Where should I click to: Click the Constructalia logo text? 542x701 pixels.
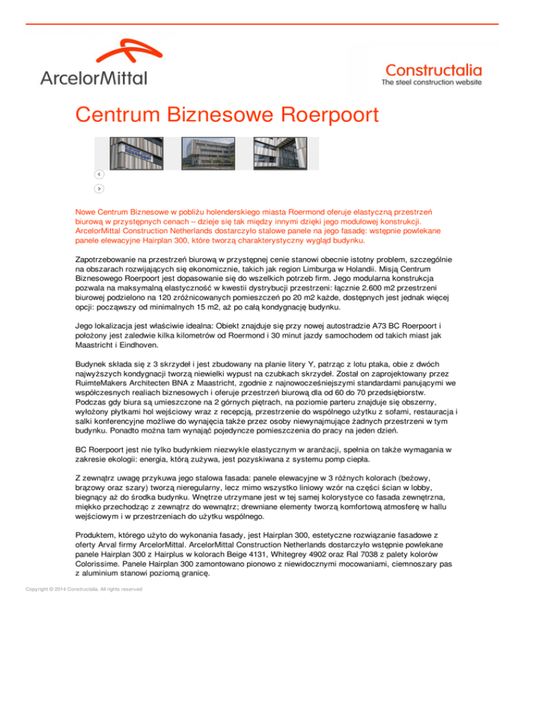pos(433,70)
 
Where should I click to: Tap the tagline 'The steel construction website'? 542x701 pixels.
pos(431,83)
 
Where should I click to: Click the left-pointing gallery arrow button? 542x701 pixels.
pos(100,174)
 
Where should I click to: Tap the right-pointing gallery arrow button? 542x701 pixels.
pos(100,188)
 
